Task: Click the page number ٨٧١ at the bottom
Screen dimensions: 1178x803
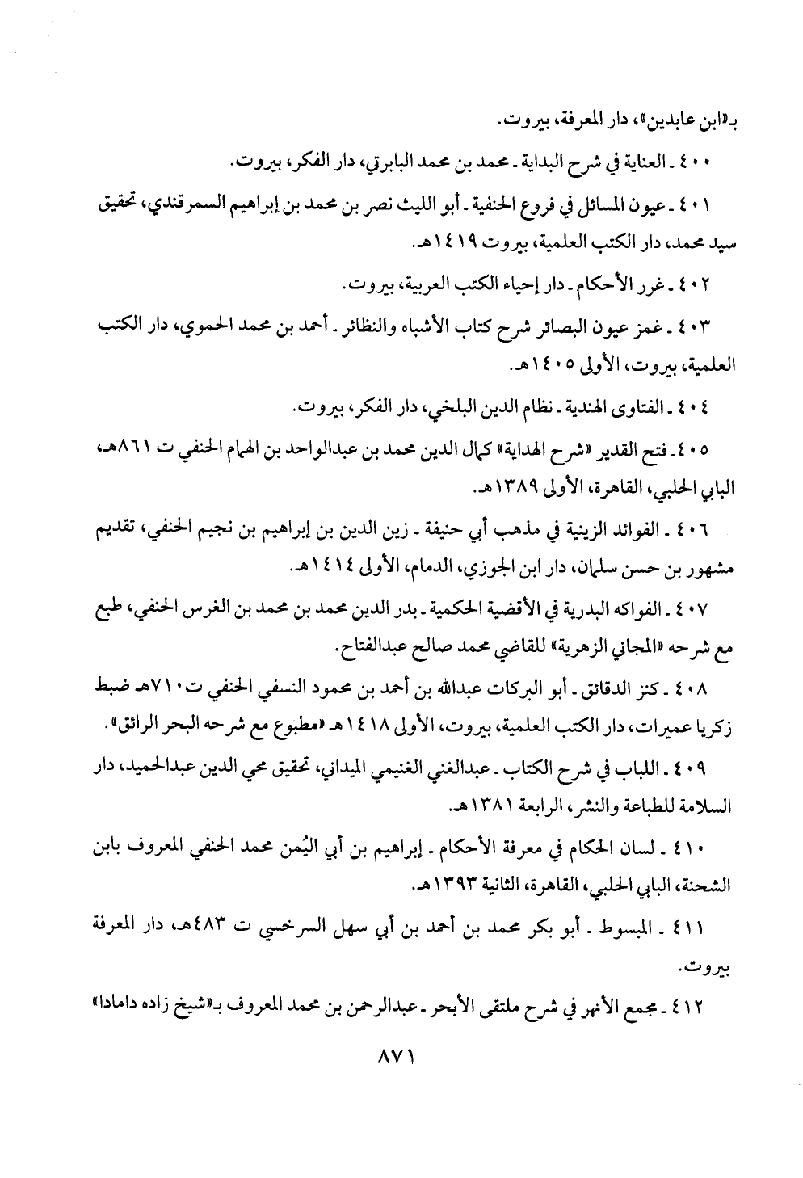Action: click(401, 1056)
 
